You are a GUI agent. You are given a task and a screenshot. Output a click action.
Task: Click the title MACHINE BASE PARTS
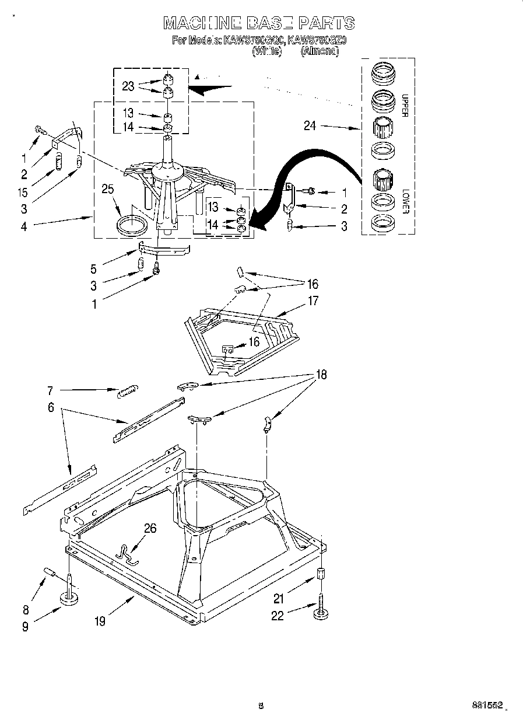click(258, 23)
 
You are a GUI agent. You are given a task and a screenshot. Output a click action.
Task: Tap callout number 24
click(310, 125)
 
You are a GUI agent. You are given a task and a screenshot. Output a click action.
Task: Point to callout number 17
click(313, 302)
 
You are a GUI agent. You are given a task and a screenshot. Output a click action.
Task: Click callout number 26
click(150, 528)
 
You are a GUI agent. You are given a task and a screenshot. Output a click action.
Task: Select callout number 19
click(100, 621)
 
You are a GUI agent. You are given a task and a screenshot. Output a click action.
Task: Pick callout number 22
click(277, 615)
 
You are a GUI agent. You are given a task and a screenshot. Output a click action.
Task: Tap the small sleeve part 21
click(321, 573)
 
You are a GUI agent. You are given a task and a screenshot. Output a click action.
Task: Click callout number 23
click(128, 86)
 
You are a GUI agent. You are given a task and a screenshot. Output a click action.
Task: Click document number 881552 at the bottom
click(488, 705)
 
